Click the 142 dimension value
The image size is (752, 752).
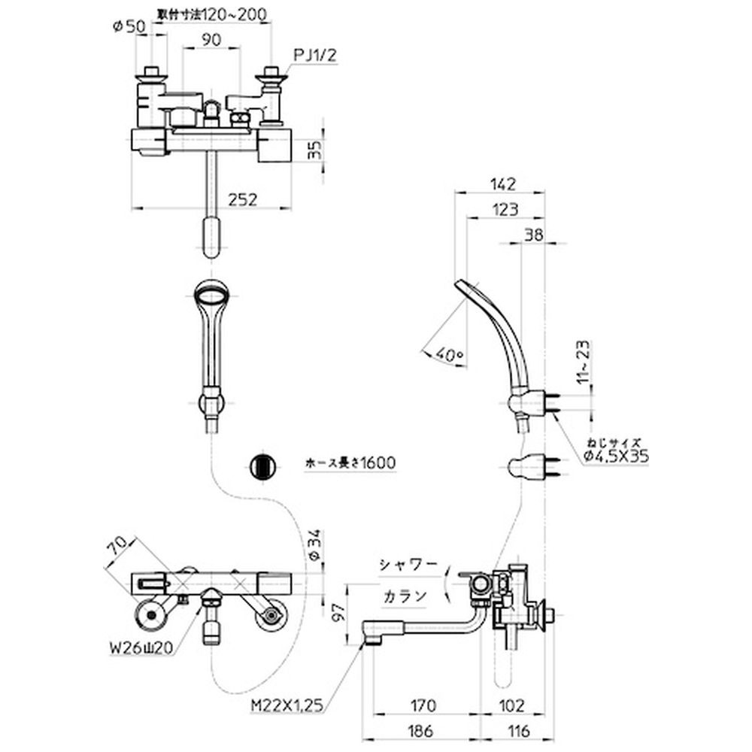coord(499,183)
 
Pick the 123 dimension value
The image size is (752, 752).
coord(505,211)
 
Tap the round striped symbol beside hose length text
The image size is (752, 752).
coord(262,465)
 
